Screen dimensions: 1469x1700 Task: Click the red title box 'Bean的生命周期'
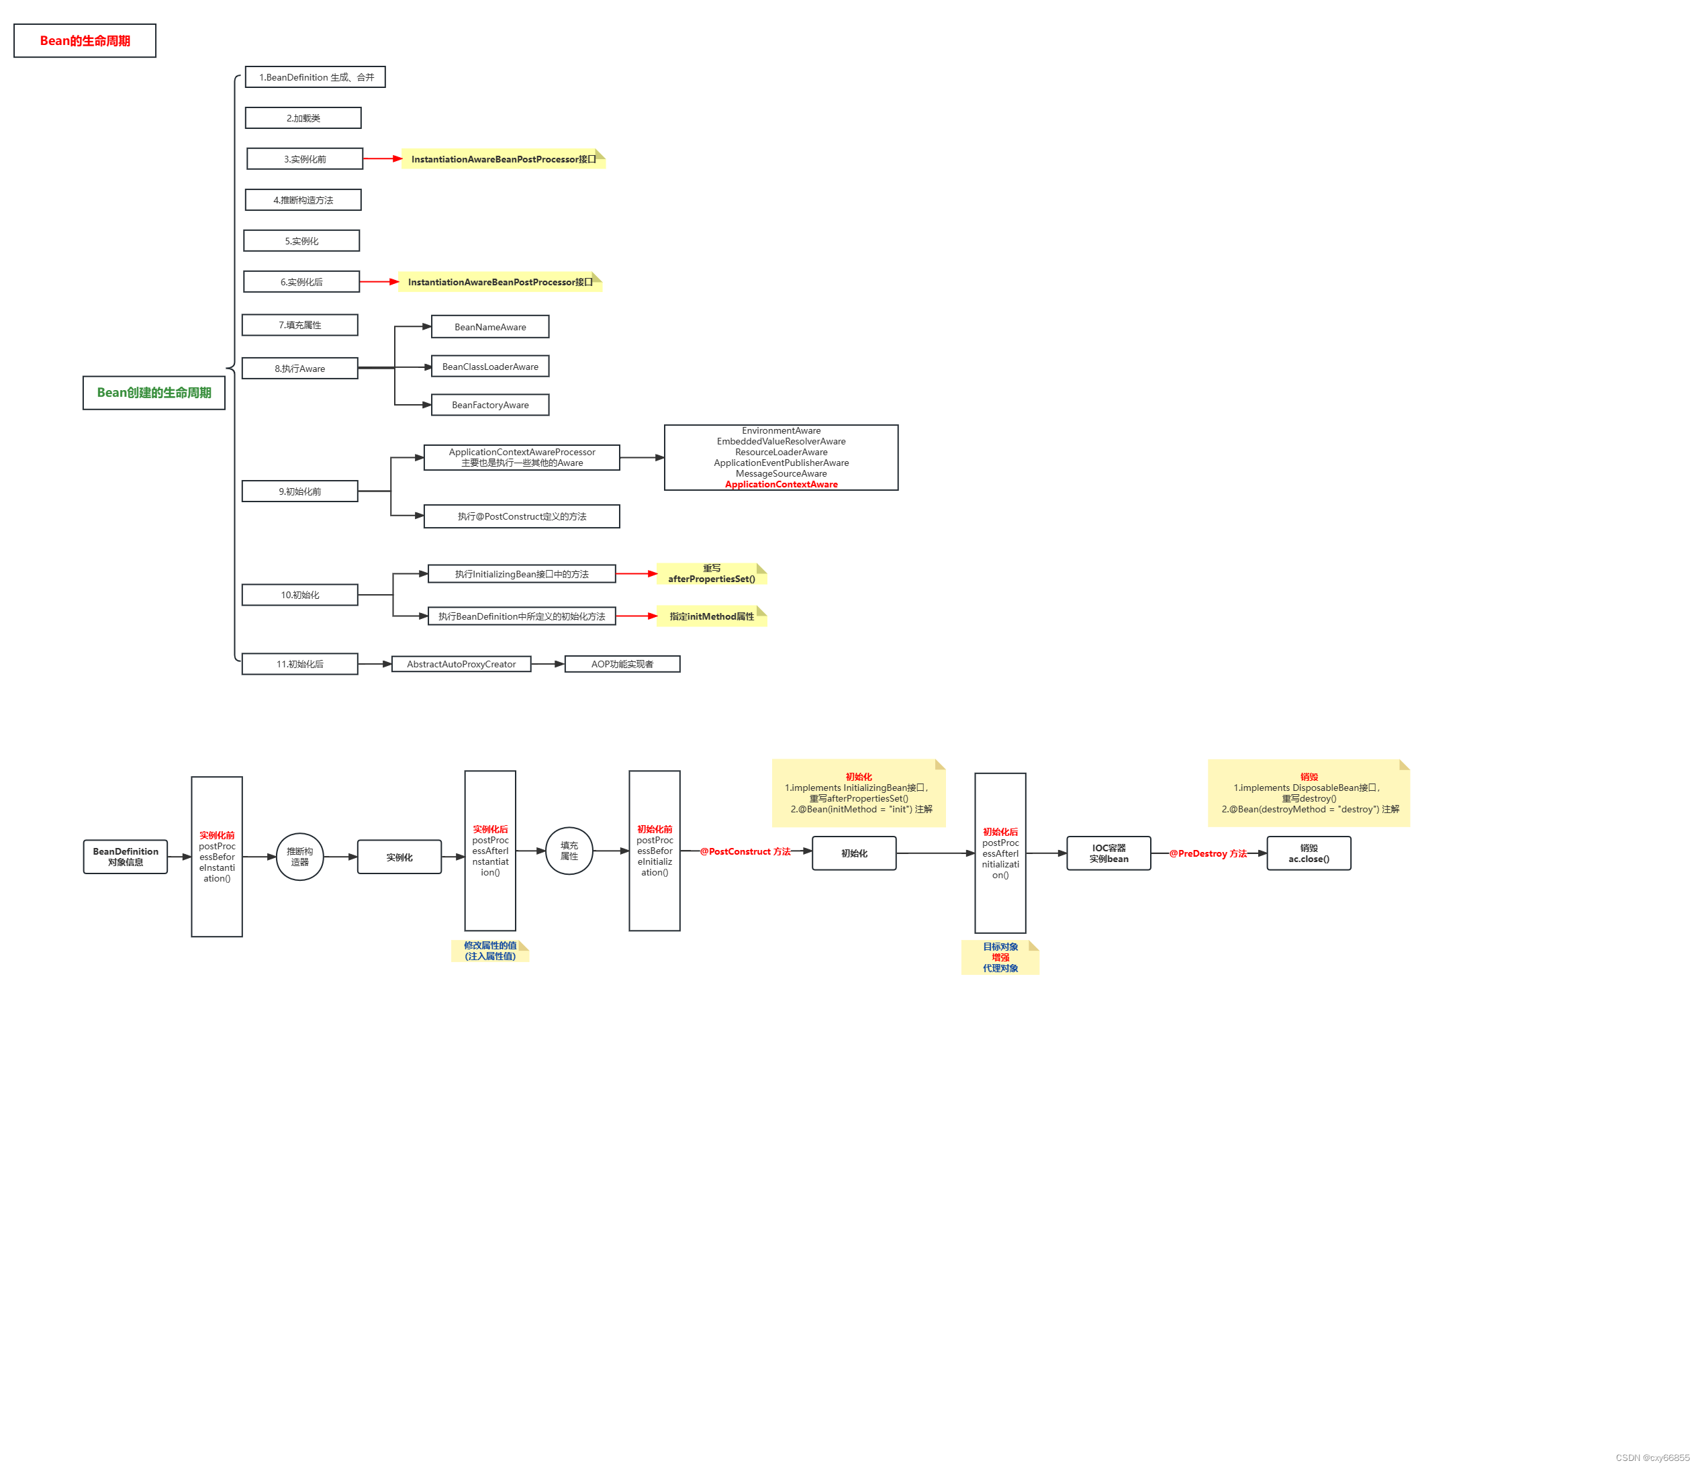pos(85,41)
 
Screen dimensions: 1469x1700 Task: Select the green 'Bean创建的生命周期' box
pos(154,392)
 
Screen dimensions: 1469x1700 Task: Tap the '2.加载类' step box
pos(303,118)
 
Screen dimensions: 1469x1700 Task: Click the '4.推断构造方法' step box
pos(303,199)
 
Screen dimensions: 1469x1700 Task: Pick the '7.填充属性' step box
pos(299,325)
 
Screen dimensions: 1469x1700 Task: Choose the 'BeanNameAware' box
pos(490,326)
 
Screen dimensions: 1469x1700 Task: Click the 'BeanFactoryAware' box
pos(490,405)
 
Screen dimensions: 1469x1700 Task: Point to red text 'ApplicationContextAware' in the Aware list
pos(781,484)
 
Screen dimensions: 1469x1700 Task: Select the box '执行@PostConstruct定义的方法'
pos(521,516)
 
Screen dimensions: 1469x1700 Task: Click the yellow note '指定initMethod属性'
pos(711,616)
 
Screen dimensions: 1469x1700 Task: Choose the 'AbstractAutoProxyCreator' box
pos(461,664)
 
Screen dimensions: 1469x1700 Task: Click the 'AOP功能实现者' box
pos(622,664)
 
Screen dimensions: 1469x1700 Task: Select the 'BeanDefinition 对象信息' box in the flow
pos(126,857)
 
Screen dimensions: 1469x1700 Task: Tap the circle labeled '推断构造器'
pos(299,857)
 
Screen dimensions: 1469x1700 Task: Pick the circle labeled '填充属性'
pos(569,851)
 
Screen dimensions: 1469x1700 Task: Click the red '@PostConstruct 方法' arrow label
pos(745,852)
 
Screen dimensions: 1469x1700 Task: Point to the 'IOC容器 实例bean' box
pos(1108,853)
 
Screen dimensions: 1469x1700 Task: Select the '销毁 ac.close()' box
pos(1309,853)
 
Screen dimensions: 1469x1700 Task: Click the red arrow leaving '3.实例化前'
pos(381,158)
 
